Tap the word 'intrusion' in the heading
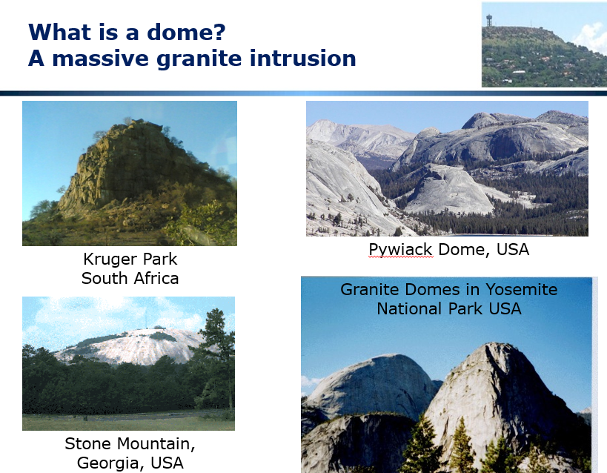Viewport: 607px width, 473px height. (302, 58)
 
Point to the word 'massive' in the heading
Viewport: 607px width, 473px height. (100, 58)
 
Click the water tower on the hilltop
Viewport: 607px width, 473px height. (489, 20)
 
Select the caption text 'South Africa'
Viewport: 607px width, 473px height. (130, 278)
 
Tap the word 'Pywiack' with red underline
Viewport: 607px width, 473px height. (400, 250)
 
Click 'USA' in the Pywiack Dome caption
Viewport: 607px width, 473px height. (513, 249)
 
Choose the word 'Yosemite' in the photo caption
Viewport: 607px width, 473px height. (521, 289)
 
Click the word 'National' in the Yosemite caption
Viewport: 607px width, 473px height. (410, 308)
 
